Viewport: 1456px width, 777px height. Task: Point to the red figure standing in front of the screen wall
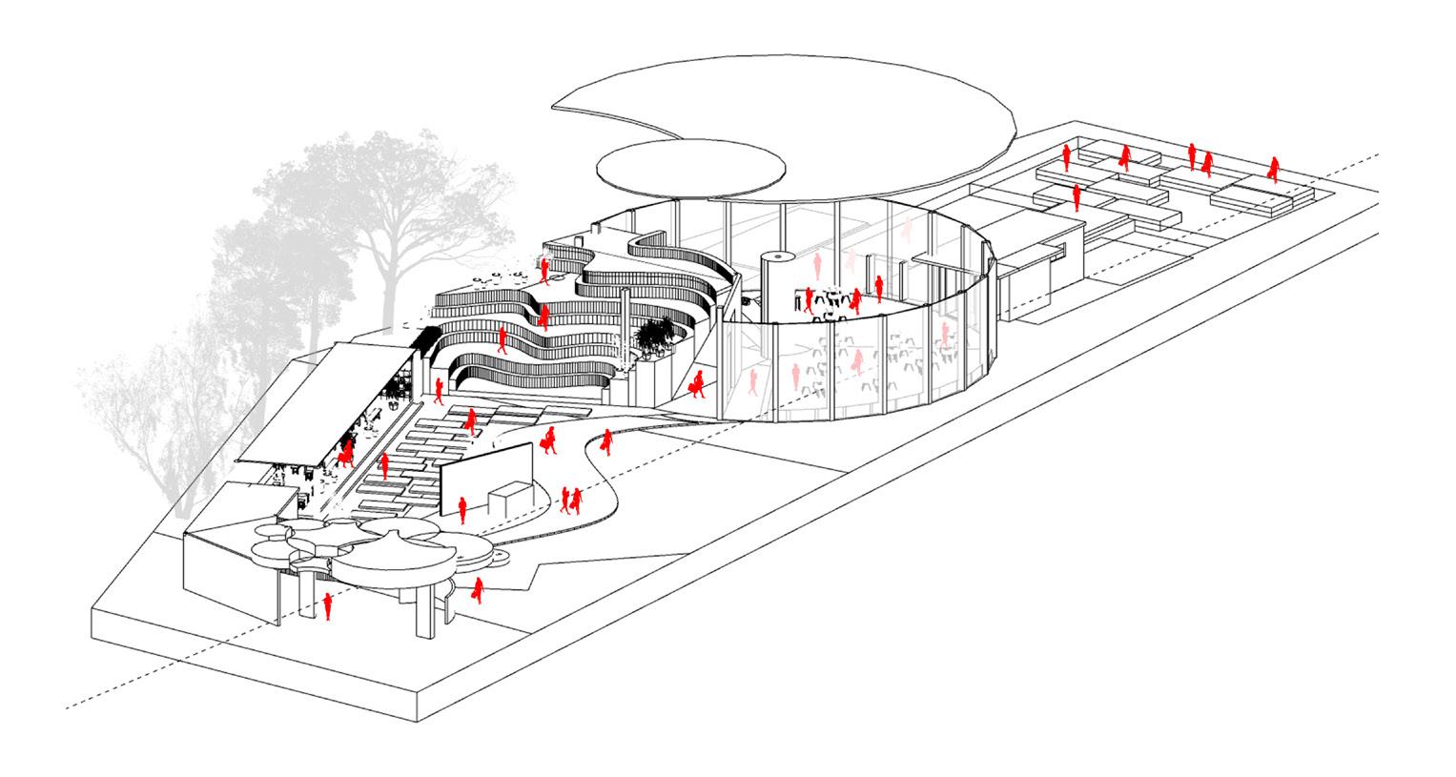(462, 509)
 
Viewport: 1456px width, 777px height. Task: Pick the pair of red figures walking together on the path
(570, 499)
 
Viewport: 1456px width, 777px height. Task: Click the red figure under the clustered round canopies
(329, 605)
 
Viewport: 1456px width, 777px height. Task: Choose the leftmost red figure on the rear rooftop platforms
(1066, 157)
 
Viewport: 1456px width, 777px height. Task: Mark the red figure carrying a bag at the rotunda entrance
(698, 383)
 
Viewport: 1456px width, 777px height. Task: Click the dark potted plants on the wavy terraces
(656, 335)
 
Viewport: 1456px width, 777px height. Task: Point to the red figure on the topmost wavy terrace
(544, 272)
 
